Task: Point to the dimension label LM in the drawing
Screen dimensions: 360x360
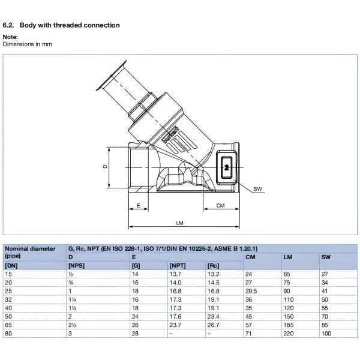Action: pos(179,223)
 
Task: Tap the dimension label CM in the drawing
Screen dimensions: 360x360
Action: pos(220,205)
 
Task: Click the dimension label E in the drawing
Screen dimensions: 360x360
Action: pos(139,205)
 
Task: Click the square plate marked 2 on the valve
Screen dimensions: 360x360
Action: pos(226,167)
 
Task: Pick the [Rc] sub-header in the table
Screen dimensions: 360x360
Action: pos(212,265)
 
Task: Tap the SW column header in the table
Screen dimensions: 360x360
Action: pos(326,257)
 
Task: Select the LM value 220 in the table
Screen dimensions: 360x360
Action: pos(288,332)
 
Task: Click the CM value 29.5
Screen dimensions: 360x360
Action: pos(251,290)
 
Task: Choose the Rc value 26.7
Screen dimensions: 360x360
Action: pos(213,324)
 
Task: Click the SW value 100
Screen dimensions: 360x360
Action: pos(326,332)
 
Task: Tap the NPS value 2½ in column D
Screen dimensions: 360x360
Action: pos(72,324)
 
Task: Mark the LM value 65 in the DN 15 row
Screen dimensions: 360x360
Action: pos(286,274)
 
